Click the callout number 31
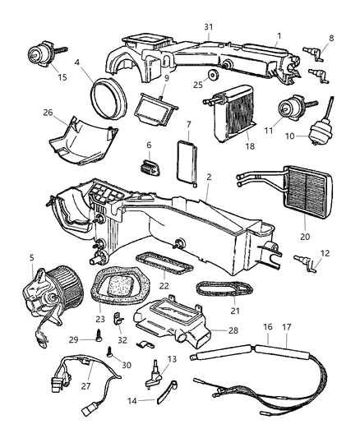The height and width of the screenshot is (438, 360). click(208, 26)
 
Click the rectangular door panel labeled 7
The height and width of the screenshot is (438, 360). click(186, 156)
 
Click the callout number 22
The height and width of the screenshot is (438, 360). click(164, 286)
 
